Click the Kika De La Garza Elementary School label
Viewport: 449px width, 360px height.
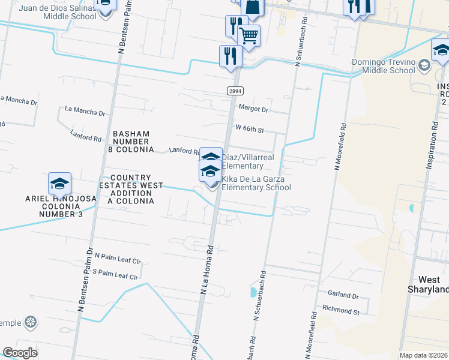coord(256,184)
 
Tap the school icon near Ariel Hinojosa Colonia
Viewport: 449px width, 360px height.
coord(60,184)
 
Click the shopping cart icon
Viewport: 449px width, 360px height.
coord(249,35)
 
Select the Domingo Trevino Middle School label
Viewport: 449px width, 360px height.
coord(384,66)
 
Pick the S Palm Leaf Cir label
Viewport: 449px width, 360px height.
coord(116,277)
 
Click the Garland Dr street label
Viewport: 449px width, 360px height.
coord(343,296)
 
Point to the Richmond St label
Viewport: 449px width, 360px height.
coord(340,312)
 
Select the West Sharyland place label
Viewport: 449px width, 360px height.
coord(429,285)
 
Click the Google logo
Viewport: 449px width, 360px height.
coord(20,352)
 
